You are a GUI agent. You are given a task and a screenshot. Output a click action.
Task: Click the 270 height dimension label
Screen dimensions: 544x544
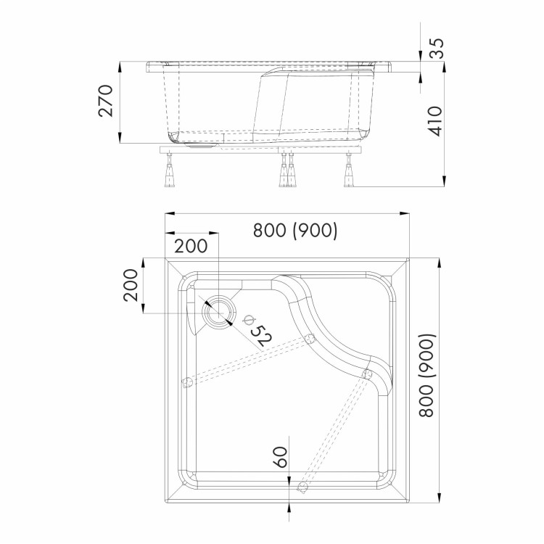(x=106, y=101)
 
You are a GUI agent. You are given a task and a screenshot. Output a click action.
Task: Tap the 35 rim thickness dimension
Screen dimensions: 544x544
(x=436, y=48)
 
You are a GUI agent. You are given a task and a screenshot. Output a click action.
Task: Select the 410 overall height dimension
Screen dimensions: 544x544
(x=435, y=121)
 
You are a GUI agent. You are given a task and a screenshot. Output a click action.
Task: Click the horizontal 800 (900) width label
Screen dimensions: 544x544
(x=295, y=230)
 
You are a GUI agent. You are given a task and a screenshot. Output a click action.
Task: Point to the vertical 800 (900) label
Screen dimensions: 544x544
(x=426, y=375)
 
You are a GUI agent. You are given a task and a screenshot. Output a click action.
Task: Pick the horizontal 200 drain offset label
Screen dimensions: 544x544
(x=191, y=246)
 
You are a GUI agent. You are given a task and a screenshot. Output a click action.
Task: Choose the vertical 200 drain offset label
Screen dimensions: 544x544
(x=131, y=285)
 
